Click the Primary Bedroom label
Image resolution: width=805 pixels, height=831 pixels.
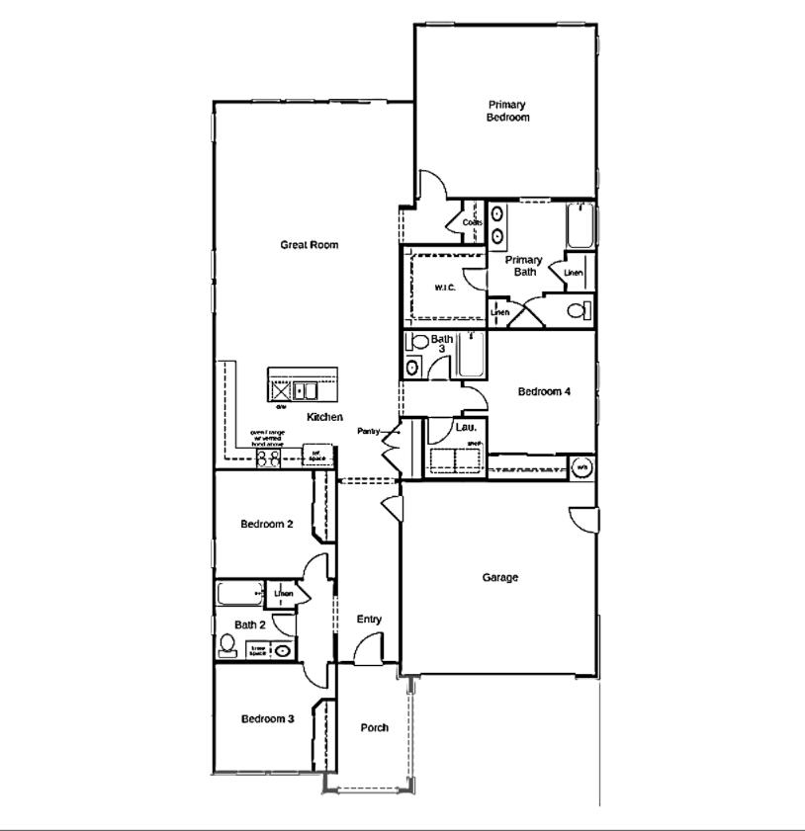point(507,111)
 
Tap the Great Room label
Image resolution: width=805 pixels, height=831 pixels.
point(309,245)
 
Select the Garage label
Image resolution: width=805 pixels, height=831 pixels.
point(500,578)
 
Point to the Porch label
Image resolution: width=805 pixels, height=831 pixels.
point(374,728)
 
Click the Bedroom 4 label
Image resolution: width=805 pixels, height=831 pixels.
point(544,391)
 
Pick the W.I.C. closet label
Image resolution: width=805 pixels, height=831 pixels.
point(445,289)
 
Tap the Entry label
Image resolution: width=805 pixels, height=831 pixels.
point(369,620)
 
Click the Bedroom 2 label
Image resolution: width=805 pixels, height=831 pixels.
point(267,524)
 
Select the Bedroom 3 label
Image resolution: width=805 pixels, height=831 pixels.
point(267,719)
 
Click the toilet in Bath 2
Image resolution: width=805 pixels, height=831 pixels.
point(227,647)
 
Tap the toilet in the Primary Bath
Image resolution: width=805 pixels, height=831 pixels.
point(578,310)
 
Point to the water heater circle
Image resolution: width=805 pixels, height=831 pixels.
point(582,466)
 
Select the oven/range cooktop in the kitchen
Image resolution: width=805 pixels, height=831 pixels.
point(268,458)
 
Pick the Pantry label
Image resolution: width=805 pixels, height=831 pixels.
point(369,432)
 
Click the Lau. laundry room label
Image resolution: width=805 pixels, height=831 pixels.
point(467,427)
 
